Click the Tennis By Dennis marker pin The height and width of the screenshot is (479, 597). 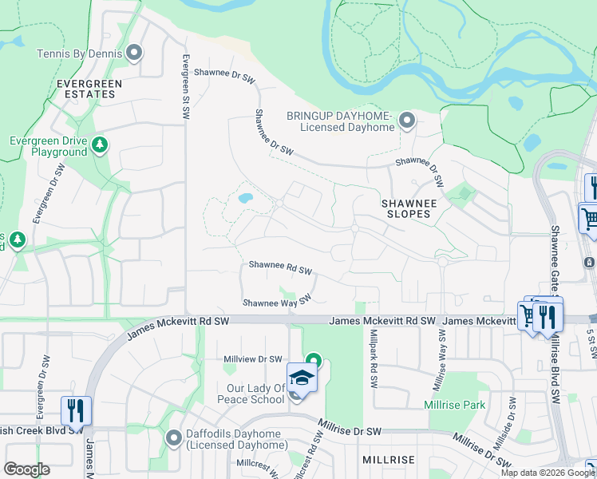click(134, 53)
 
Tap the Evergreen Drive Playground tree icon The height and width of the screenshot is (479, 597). click(99, 144)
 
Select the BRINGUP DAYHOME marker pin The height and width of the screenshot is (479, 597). click(407, 121)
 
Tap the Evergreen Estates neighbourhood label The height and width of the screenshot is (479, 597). click(89, 88)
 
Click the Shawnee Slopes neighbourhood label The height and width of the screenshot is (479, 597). click(408, 208)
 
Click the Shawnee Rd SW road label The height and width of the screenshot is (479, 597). click(279, 267)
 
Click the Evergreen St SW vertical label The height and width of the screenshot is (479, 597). click(185, 88)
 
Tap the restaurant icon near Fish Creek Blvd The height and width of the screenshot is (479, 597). click(76, 410)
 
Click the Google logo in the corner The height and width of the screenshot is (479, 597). click(26, 469)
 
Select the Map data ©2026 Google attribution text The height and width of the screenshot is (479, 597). click(548, 473)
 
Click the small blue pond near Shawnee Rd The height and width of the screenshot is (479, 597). click(246, 197)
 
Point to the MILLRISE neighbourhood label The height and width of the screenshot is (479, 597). click(388, 461)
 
